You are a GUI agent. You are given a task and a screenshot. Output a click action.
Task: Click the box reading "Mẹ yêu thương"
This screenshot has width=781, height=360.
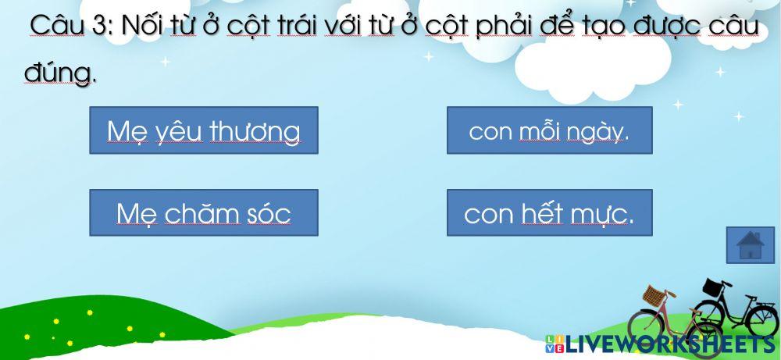[203, 130]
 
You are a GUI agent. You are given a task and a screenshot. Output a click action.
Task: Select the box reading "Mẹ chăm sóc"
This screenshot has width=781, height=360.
[203, 212]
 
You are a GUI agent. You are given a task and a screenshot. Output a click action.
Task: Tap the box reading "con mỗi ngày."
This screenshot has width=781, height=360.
[549, 130]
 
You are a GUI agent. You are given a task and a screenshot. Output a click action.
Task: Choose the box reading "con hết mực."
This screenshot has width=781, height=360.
[549, 212]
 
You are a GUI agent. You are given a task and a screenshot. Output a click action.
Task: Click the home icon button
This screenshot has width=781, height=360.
[750, 245]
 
